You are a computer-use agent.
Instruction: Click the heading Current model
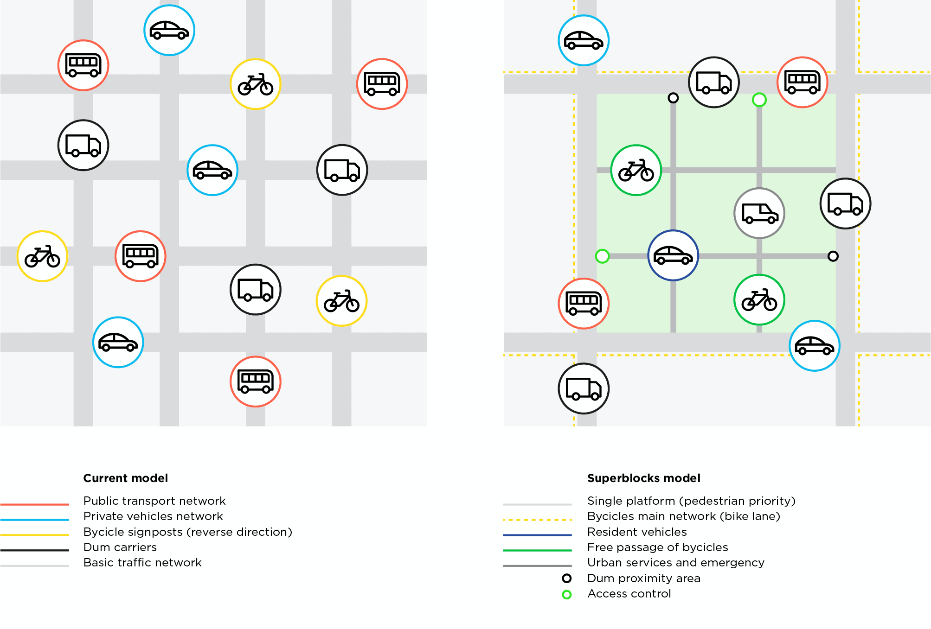point(125,478)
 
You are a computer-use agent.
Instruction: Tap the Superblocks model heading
point(643,478)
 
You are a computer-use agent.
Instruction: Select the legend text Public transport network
point(154,501)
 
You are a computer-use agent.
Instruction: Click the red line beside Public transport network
point(35,504)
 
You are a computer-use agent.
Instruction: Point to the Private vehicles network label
point(153,516)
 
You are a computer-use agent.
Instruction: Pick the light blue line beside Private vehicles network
point(35,520)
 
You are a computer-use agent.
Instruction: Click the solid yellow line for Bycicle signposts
point(35,535)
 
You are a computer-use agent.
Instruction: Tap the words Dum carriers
point(120,547)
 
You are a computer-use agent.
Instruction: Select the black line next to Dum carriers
point(35,550)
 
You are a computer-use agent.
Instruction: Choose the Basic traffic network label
point(142,563)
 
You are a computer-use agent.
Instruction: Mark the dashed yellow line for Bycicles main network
point(537,520)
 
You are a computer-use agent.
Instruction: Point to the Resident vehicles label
point(637,532)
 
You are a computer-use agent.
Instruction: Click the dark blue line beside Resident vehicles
point(537,535)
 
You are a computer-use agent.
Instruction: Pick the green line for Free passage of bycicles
point(537,550)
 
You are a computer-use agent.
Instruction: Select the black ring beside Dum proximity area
point(566,578)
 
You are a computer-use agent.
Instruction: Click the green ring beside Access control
point(566,594)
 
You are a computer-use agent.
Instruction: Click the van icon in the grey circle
point(759,213)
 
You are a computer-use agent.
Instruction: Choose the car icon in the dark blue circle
point(673,255)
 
